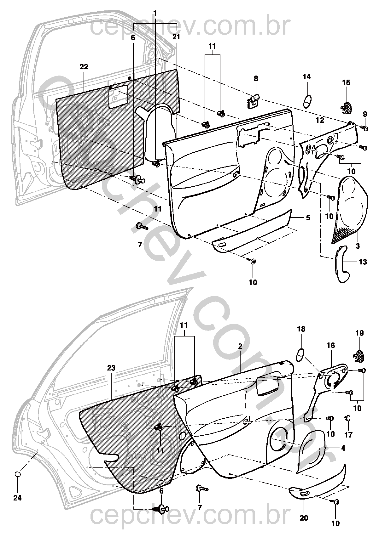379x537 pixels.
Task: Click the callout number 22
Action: tap(84, 67)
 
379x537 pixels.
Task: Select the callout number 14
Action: tap(306, 76)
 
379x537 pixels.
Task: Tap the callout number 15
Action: tap(346, 82)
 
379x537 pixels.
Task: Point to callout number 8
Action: tap(256, 78)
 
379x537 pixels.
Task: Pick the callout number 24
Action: tap(18, 498)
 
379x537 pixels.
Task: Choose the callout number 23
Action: tap(111, 368)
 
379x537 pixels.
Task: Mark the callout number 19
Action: tap(360, 333)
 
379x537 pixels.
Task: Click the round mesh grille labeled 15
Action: tap(347, 107)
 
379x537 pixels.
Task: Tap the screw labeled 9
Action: tap(365, 128)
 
